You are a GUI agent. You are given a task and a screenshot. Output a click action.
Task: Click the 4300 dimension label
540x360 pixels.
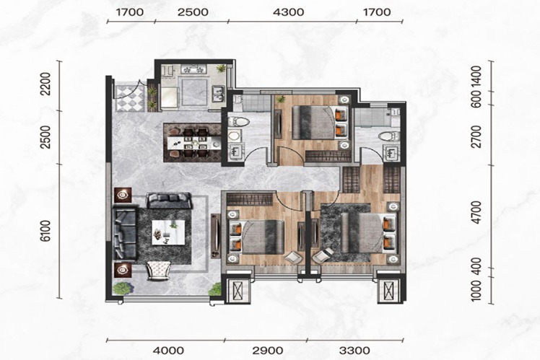(288, 12)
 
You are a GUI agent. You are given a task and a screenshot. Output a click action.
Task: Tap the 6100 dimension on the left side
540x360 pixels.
(45, 231)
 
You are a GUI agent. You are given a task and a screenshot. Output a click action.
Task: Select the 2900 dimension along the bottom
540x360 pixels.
(268, 351)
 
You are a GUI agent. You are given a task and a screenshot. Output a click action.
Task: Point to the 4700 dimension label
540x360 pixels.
(476, 212)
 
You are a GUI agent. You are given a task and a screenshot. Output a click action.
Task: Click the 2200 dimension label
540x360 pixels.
(45, 84)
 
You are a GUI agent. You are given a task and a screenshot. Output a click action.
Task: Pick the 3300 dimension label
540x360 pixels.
(354, 351)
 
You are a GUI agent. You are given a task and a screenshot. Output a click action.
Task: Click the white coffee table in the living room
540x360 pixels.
(168, 232)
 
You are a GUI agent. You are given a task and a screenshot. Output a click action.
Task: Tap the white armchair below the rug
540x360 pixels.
(159, 270)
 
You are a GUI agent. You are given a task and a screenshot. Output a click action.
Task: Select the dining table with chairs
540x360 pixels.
(192, 142)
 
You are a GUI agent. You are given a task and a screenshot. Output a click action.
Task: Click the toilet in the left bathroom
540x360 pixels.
(238, 121)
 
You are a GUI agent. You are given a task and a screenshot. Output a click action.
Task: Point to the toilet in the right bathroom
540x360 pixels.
(390, 136)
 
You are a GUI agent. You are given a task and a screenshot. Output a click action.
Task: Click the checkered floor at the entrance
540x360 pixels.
(130, 98)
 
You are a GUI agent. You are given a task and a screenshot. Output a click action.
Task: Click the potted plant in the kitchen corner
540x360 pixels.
(220, 68)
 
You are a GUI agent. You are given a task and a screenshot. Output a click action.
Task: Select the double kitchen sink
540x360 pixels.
(217, 95)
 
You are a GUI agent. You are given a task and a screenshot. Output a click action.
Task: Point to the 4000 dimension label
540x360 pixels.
(168, 351)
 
